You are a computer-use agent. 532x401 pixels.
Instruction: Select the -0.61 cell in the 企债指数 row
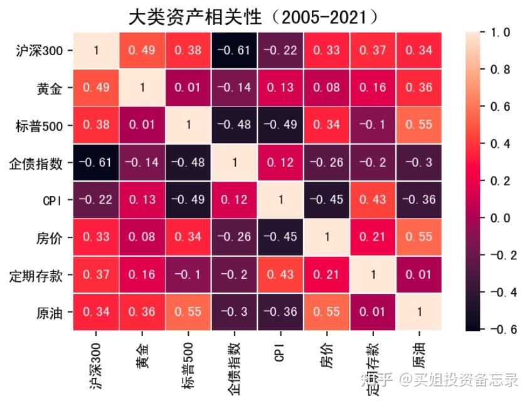click(x=96, y=163)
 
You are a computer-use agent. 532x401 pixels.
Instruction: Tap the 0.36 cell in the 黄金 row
click(x=418, y=88)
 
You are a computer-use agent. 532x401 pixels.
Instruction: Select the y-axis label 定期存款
click(x=38, y=275)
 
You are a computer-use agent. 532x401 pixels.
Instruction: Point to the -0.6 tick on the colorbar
click(x=499, y=330)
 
